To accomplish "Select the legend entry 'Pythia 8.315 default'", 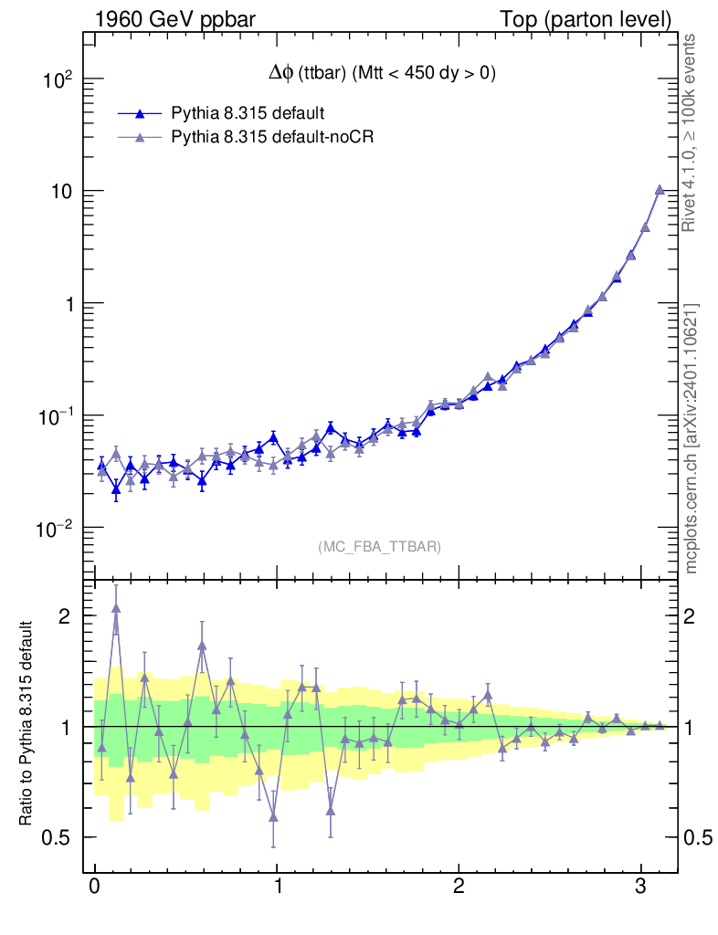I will [248, 113].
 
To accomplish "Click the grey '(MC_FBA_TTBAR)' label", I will [379, 547].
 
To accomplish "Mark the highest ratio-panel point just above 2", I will [116, 607].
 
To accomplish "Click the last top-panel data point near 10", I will [660, 190].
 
